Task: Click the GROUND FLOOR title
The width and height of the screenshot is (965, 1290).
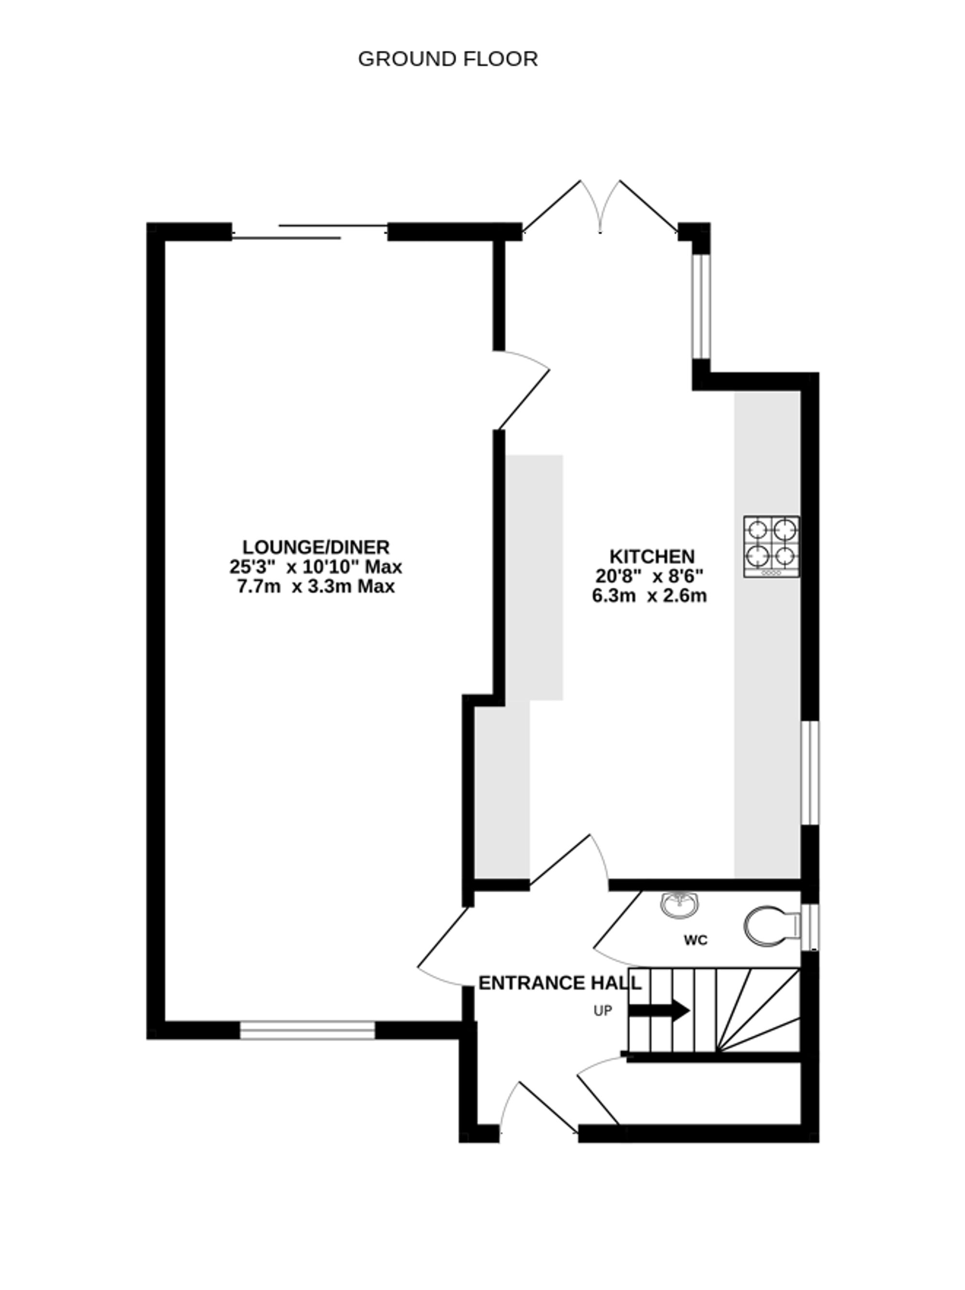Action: coord(447,59)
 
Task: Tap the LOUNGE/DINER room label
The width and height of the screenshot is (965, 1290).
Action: coord(316,547)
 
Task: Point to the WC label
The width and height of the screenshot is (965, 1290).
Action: coord(695,940)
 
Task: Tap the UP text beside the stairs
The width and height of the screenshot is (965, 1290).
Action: coord(602,1011)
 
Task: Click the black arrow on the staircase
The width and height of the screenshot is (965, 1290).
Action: coord(659,1011)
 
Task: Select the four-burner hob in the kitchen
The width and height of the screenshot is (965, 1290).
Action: coord(771,546)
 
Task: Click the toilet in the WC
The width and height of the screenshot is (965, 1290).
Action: coord(770,925)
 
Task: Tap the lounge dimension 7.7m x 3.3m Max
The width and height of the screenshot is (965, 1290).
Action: coord(316,586)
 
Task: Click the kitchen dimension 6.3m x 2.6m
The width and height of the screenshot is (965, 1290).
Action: coord(649,596)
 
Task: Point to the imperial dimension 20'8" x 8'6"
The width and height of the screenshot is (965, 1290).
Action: coord(649,576)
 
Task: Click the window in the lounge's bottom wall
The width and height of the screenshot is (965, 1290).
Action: coord(307,1030)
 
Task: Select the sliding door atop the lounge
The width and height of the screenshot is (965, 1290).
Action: coord(309,231)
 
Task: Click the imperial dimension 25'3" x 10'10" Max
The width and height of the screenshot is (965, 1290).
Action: coord(316,566)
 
